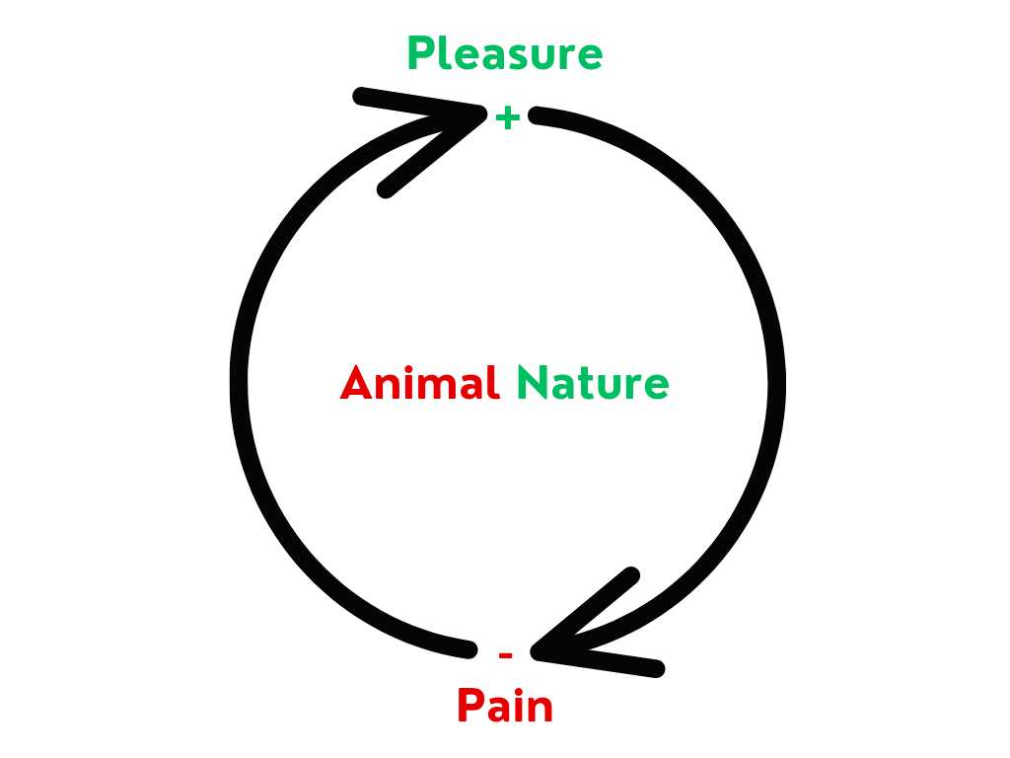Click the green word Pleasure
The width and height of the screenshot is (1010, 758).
[x=505, y=53]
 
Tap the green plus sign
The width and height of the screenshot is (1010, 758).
[x=508, y=118]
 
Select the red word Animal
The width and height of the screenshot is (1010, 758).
[x=419, y=383]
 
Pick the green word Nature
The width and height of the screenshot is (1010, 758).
[x=593, y=383]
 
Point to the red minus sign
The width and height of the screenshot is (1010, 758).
[x=506, y=655]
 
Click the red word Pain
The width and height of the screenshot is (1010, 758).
[x=505, y=705]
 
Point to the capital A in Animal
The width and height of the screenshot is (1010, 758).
[x=357, y=384]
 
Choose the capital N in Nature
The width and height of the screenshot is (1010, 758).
[x=533, y=384]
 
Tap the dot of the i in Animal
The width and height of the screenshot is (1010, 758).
[x=408, y=370]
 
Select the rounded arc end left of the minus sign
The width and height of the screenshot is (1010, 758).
[x=469, y=649]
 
